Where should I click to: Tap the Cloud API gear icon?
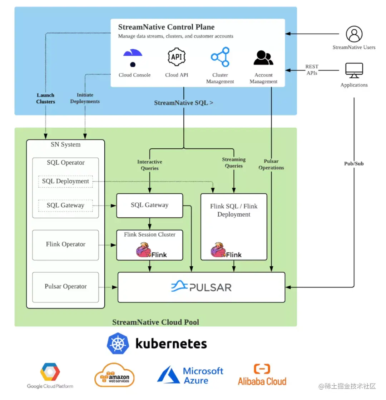coord(177,57)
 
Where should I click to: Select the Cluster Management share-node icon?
coord(220,57)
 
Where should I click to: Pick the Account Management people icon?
coord(263,58)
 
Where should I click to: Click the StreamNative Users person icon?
coord(354,34)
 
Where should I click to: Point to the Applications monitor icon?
coord(354,70)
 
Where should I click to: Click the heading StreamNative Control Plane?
coord(166,27)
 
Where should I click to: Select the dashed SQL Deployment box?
coord(65,181)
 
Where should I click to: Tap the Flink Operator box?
coord(65,245)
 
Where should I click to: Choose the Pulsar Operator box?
coord(65,287)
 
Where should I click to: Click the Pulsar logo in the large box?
coord(201,287)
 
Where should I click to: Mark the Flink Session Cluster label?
coord(149,235)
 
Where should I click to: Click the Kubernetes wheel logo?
coord(118,344)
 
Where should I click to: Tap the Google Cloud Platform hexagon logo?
coord(50,372)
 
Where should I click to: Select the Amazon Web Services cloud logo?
coord(114,375)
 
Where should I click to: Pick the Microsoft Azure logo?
coord(190,375)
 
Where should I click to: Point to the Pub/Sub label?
coord(354,164)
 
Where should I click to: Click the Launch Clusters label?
coord(45,98)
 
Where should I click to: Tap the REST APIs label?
coord(311,70)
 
